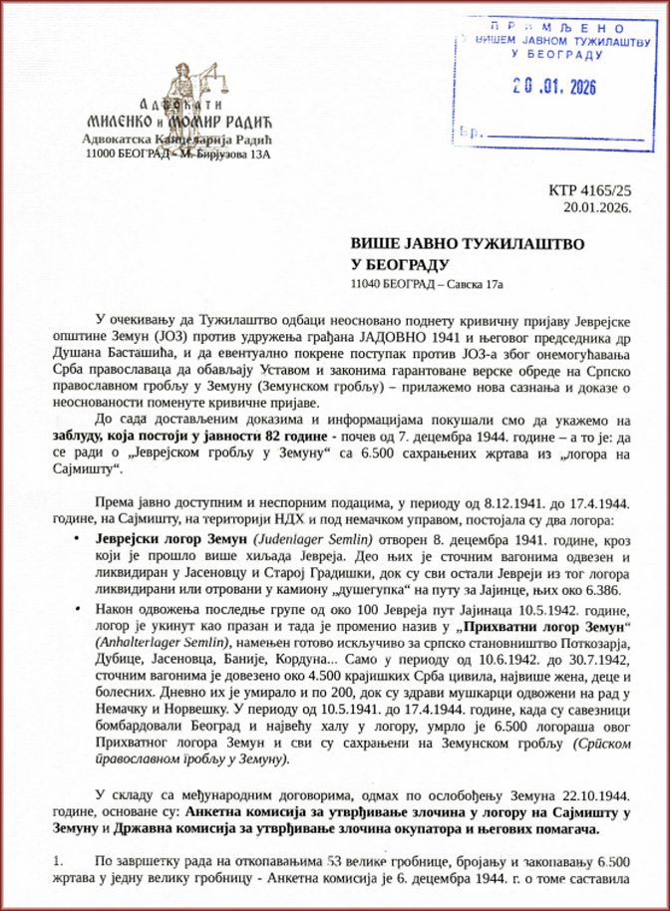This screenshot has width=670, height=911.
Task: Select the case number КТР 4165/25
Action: pos(590,190)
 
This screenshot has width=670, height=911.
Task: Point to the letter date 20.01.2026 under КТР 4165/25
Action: pos(596,207)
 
